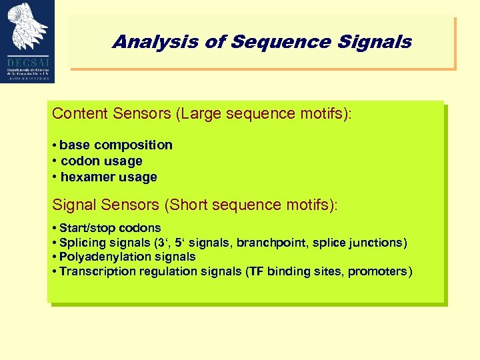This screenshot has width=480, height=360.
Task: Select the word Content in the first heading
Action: point(77,113)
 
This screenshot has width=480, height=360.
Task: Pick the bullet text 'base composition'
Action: point(116,145)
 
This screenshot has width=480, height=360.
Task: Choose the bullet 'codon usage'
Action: point(101,161)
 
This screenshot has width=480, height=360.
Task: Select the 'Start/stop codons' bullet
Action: point(110,228)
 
